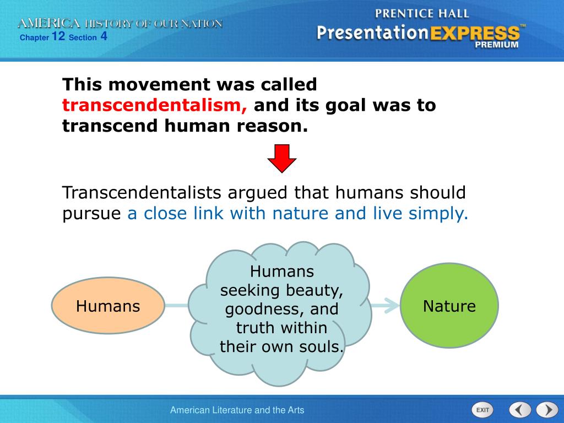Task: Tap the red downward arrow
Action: coord(282,158)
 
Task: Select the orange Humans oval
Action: coord(108,305)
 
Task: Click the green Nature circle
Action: coord(449,305)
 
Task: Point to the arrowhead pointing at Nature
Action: coord(392,305)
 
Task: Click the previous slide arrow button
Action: coord(520,409)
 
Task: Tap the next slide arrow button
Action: coord(547,409)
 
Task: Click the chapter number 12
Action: coord(58,36)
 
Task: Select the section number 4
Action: coord(104,36)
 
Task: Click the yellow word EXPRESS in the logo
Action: coord(475,34)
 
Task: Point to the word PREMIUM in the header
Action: coord(497,45)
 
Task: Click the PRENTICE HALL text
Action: coord(422,14)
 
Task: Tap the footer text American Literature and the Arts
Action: coord(237,410)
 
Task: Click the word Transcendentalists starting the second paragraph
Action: coord(142,192)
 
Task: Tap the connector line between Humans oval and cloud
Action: coord(177,305)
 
